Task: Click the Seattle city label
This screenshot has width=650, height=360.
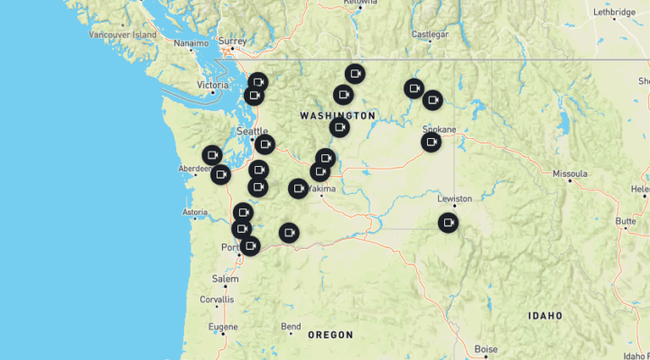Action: pos(252,131)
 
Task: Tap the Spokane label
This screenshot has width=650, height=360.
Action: pos(440,129)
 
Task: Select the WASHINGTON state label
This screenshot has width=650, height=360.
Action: pos(338,115)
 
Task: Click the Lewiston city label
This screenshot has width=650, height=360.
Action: pos(455,198)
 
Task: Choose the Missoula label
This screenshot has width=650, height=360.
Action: pos(570,172)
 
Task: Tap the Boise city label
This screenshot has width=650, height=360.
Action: pos(486,349)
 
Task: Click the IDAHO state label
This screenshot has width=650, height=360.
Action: pos(546,316)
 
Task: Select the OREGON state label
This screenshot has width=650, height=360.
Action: pos(330,335)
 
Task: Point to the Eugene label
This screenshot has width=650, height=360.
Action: pos(223,326)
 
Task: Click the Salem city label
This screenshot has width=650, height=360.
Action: pos(226,279)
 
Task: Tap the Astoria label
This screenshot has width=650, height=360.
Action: pos(196,213)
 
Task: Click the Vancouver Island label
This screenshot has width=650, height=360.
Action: pos(123,34)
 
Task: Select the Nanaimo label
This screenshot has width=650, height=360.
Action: pos(191,42)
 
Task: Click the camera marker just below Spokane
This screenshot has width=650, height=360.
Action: pos(432,142)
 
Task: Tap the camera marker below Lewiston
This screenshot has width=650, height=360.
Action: pos(448,222)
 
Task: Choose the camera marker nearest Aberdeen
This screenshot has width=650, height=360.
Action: pos(220,174)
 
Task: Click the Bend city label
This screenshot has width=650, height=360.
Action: pos(291,326)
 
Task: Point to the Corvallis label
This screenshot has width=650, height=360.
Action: pos(217,299)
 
